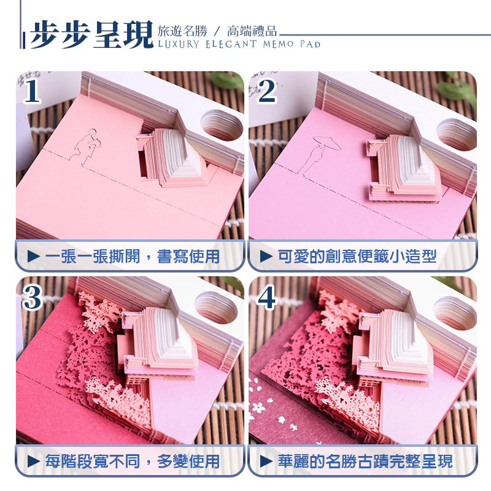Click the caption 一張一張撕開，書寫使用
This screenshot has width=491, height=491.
pyautogui.click(x=131, y=256)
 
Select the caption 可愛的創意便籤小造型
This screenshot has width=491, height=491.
pyautogui.click(x=357, y=256)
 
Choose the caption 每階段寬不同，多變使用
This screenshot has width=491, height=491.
pyautogui.click(x=131, y=461)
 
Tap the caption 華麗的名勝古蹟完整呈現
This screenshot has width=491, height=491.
pyautogui.click(x=365, y=461)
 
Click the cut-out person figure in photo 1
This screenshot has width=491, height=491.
pyautogui.click(x=83, y=145)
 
